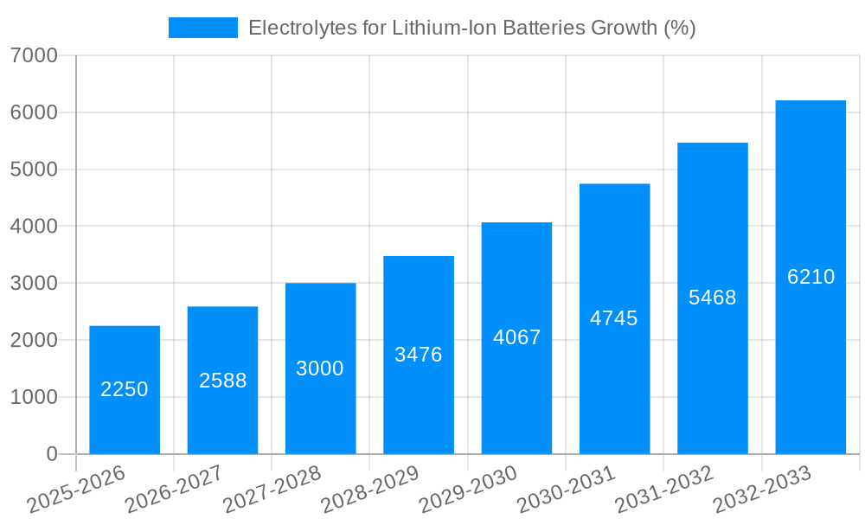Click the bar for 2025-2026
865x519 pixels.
(x=125, y=389)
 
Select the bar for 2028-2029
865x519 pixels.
(x=419, y=355)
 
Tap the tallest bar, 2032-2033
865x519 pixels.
(x=811, y=277)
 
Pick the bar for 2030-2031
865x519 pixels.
(x=614, y=318)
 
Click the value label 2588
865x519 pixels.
(x=222, y=381)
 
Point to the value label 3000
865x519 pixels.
(x=320, y=368)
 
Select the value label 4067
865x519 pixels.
(x=516, y=337)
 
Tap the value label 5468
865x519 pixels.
(x=712, y=298)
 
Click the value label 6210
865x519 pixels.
(x=811, y=277)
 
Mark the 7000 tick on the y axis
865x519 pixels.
(x=34, y=55)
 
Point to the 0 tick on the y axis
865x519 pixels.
(x=51, y=454)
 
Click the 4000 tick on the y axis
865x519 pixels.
(x=34, y=227)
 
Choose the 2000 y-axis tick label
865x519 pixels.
(x=34, y=341)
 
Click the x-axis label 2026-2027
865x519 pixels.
(x=174, y=489)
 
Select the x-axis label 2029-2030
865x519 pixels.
(x=468, y=489)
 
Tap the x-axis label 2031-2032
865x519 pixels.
(x=663, y=489)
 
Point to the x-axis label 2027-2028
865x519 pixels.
(x=272, y=489)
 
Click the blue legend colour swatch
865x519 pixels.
(x=202, y=28)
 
